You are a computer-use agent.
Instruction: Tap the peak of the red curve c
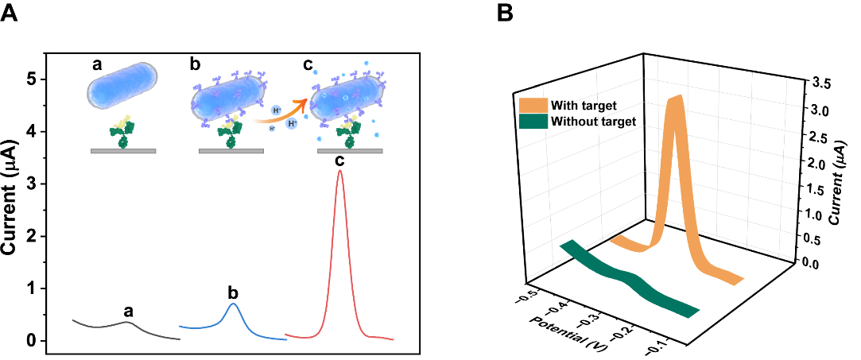[x=340, y=171]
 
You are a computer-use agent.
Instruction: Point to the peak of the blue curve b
[x=232, y=304]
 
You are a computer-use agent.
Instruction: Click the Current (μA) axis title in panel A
[x=10, y=198]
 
